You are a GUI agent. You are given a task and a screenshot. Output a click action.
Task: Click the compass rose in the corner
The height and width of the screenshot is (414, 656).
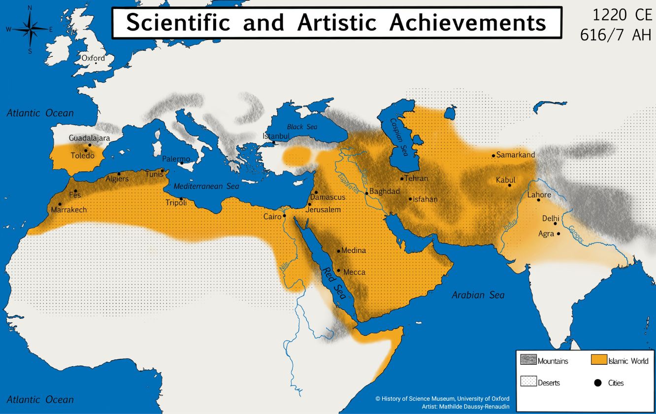point(30,29)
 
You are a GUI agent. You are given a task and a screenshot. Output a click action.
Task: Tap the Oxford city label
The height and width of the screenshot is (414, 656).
point(93,58)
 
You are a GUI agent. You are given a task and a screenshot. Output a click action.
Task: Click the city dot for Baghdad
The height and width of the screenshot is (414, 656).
point(367,193)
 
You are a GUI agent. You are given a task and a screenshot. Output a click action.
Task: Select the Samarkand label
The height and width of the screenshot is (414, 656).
point(515,155)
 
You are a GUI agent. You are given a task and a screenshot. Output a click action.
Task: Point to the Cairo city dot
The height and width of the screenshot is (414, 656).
point(284,215)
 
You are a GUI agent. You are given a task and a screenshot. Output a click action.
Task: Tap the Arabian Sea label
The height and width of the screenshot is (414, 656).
point(478,295)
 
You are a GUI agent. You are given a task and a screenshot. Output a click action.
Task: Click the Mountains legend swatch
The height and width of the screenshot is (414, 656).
point(528,360)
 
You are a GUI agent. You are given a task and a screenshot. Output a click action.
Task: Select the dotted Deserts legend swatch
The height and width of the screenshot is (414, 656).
point(528,382)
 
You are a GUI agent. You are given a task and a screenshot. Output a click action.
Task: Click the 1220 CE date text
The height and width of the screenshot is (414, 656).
point(615,15)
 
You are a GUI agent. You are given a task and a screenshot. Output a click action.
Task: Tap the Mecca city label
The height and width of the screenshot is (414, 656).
point(354,272)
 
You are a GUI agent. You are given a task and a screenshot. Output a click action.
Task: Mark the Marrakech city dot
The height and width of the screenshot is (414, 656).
point(60,204)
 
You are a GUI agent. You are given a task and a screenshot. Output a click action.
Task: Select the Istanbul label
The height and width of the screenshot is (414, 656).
point(276,136)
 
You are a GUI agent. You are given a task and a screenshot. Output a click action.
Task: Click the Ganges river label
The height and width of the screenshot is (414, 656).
point(576,235)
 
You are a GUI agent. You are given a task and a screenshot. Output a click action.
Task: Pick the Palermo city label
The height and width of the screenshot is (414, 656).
point(176,159)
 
